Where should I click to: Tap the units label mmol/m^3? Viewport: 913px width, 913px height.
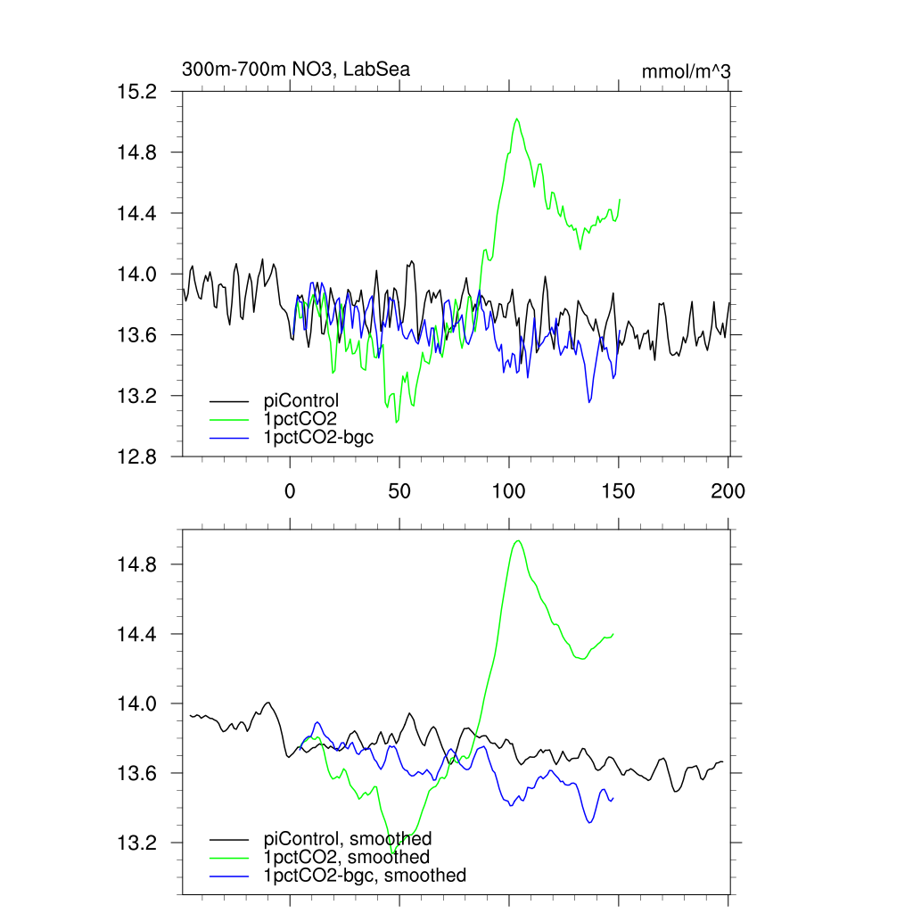[x=686, y=71]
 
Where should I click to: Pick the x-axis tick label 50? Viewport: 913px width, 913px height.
[x=399, y=490]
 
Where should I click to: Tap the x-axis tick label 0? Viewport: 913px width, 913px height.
[x=290, y=490]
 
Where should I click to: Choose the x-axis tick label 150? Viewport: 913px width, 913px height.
[x=619, y=490]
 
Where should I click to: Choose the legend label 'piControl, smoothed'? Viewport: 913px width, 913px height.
[x=348, y=838]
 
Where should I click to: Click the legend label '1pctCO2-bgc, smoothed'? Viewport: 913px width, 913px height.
[x=365, y=876]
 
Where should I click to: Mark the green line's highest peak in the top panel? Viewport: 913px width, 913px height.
[x=516, y=118]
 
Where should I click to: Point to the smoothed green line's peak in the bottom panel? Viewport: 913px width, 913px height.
[x=517, y=540]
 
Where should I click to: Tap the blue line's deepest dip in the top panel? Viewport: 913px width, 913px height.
[x=588, y=402]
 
